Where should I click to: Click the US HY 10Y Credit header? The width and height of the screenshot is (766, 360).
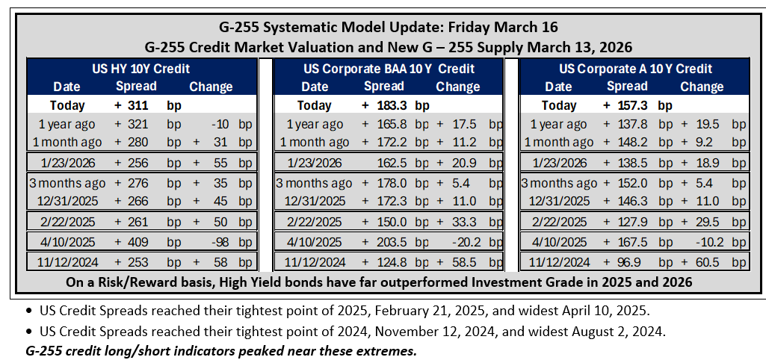click(x=141, y=69)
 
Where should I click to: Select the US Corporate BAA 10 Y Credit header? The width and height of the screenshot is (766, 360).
click(x=389, y=69)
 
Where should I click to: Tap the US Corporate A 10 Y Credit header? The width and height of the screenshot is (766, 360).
click(x=635, y=69)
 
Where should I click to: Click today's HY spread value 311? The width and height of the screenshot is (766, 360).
click(x=138, y=105)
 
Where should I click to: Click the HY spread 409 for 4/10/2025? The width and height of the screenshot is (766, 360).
click(x=138, y=242)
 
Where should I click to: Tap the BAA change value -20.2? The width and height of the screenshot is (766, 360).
click(x=463, y=242)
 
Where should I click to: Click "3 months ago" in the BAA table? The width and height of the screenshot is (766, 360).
click(x=314, y=184)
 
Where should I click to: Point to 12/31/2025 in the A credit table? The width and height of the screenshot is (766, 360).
click(x=558, y=201)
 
